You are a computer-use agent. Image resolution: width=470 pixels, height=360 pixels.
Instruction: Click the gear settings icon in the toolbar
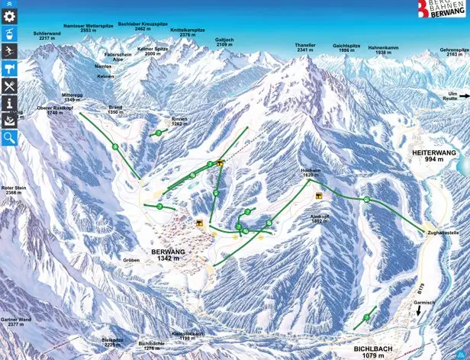9,15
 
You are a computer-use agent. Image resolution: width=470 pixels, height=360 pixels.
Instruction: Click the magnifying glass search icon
9,137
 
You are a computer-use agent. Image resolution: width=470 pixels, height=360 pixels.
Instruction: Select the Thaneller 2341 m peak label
306,48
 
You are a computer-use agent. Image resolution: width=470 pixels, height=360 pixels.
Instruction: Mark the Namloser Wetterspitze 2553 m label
89,28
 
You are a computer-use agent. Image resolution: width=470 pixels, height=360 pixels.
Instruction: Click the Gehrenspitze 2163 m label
454,53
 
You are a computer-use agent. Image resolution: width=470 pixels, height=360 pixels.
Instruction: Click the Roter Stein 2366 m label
13,190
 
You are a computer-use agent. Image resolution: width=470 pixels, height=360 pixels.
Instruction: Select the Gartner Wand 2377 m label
14,321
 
